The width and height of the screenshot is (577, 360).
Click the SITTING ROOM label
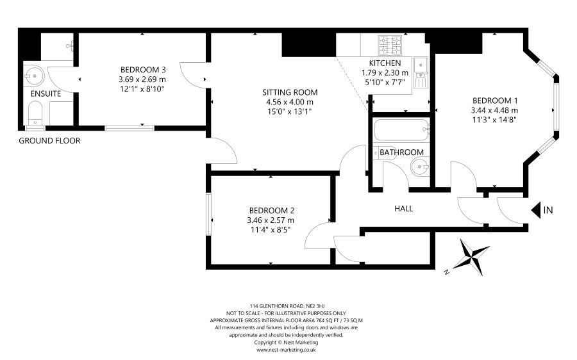pos(290,92)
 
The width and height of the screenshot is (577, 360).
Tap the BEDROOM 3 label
pos(143,69)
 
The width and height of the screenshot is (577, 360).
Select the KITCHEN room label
pos(385,63)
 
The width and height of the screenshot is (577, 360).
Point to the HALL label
pos(403,208)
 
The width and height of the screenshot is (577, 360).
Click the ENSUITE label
pos(46,94)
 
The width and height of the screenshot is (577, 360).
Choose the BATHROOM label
pos(401,152)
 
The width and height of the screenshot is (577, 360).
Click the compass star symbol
pos(471,257)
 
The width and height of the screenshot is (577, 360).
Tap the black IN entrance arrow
pos(536,210)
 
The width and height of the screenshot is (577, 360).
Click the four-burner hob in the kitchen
pos(390,45)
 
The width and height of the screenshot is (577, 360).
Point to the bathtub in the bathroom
pos(401,129)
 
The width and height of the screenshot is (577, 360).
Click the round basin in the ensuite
pos(35,76)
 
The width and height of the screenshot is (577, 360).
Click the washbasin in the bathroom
pos(419,167)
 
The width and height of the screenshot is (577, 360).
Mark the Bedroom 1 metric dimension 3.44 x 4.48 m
pos(494,110)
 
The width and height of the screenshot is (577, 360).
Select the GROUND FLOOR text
pos(49,140)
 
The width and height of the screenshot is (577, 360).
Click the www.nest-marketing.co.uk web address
pos(286,350)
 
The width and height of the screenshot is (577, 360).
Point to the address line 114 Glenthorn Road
pos(287,306)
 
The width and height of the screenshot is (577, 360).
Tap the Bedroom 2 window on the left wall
pos(208,214)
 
